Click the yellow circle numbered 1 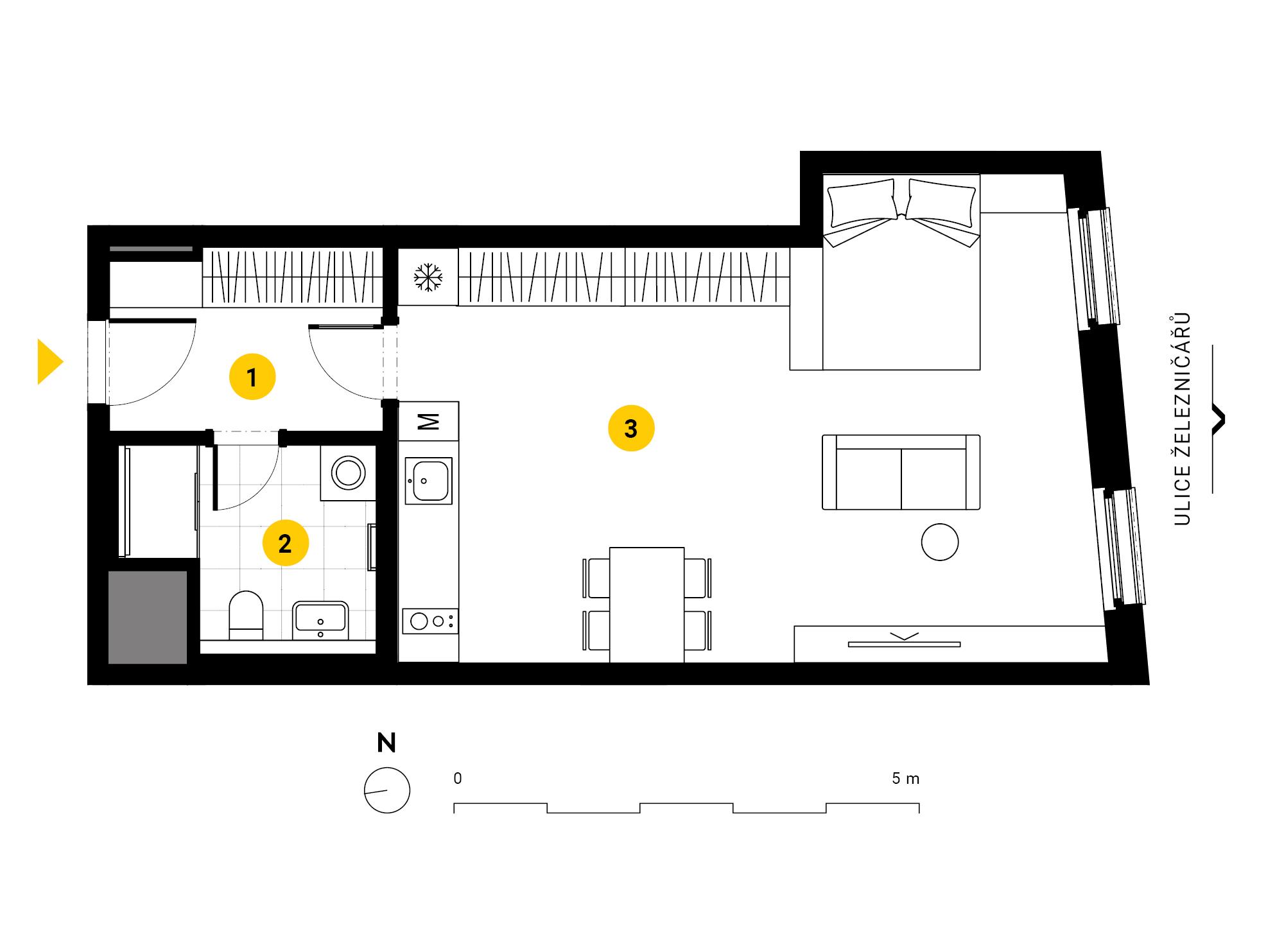pos(252,377)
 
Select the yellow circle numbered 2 pos(286,543)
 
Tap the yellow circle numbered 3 pos(631,428)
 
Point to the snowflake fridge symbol pos(428,277)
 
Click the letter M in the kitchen pos(428,422)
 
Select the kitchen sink pos(429,481)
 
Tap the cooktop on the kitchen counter pos(430,621)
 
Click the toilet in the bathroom pos(246,615)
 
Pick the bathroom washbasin pos(320,620)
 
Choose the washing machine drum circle pos(349,473)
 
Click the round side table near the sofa pos(940,542)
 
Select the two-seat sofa pos(901,472)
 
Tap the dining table pos(647,605)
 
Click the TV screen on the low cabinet pos(904,644)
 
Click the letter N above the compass pos(386,743)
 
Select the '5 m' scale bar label pos(905,779)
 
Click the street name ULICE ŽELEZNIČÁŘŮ pos(1182,419)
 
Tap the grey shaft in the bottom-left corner pos(148,618)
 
